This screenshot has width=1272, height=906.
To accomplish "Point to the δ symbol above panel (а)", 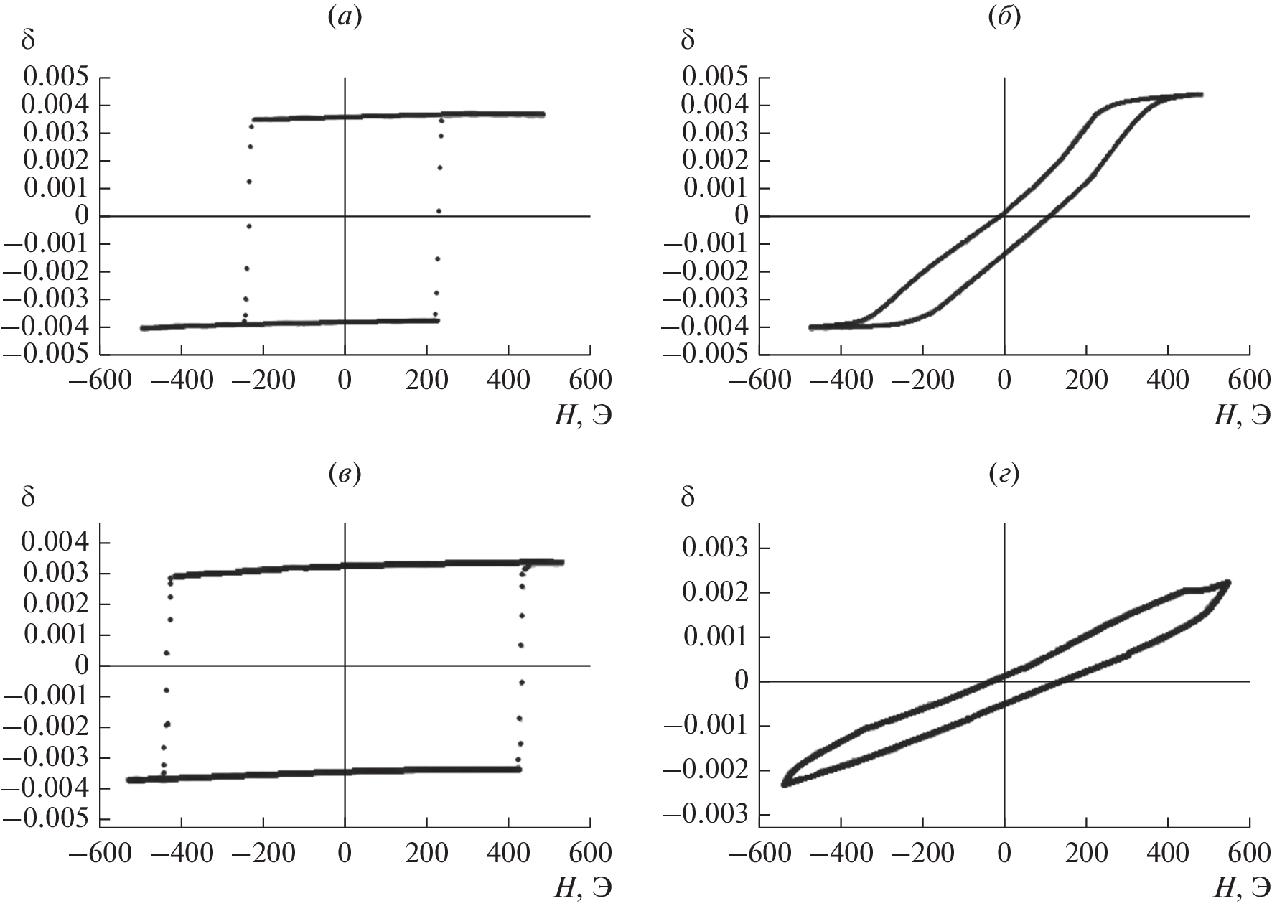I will click(28, 40).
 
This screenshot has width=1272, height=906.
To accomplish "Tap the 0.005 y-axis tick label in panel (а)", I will click(55, 78).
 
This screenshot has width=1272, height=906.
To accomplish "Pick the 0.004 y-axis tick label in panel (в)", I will click(55, 543).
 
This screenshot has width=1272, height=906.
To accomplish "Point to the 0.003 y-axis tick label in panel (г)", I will click(714, 548).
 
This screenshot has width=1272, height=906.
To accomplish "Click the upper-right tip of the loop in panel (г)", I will click(1229, 582).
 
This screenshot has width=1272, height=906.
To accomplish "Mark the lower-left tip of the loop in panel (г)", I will click(784, 785).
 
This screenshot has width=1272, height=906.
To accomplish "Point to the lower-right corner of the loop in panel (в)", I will click(519, 769).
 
